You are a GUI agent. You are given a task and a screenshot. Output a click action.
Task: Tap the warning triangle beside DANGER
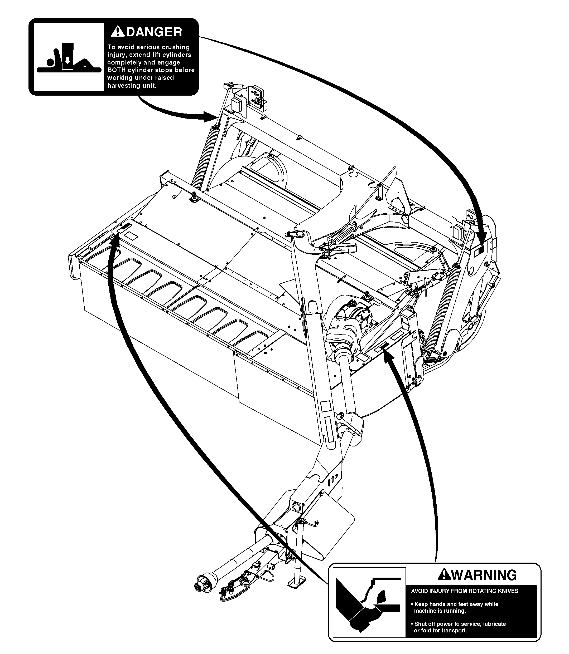(118, 32)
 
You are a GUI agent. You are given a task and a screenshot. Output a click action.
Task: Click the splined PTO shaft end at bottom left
(200, 587)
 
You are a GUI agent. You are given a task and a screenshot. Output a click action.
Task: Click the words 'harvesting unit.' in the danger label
(132, 86)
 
